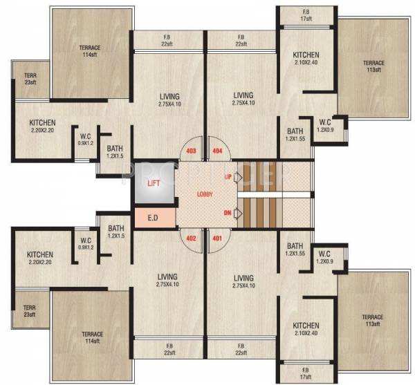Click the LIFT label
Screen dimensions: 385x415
(x=154, y=182)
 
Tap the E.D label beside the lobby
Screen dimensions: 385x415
(x=153, y=217)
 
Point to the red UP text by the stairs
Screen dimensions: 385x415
(x=228, y=178)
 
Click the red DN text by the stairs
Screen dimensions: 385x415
(x=228, y=213)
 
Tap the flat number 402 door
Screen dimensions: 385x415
(x=192, y=239)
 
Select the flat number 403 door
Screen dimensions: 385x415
(x=192, y=150)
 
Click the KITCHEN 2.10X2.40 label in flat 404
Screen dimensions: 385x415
(x=305, y=59)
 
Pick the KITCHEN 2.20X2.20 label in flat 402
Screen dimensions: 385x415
(x=39, y=258)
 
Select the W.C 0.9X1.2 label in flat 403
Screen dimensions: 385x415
(x=85, y=140)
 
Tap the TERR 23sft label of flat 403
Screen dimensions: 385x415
(x=29, y=78)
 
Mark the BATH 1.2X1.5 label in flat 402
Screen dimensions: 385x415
(x=116, y=232)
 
